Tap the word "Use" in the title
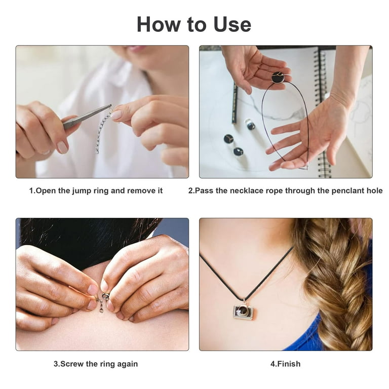click(x=230, y=24)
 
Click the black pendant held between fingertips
click(x=277, y=77)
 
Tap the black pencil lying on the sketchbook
click(x=235, y=103)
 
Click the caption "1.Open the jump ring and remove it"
click(x=96, y=191)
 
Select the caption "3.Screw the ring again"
click(x=96, y=364)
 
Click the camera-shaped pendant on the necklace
click(x=243, y=312)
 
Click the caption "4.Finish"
click(x=286, y=364)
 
